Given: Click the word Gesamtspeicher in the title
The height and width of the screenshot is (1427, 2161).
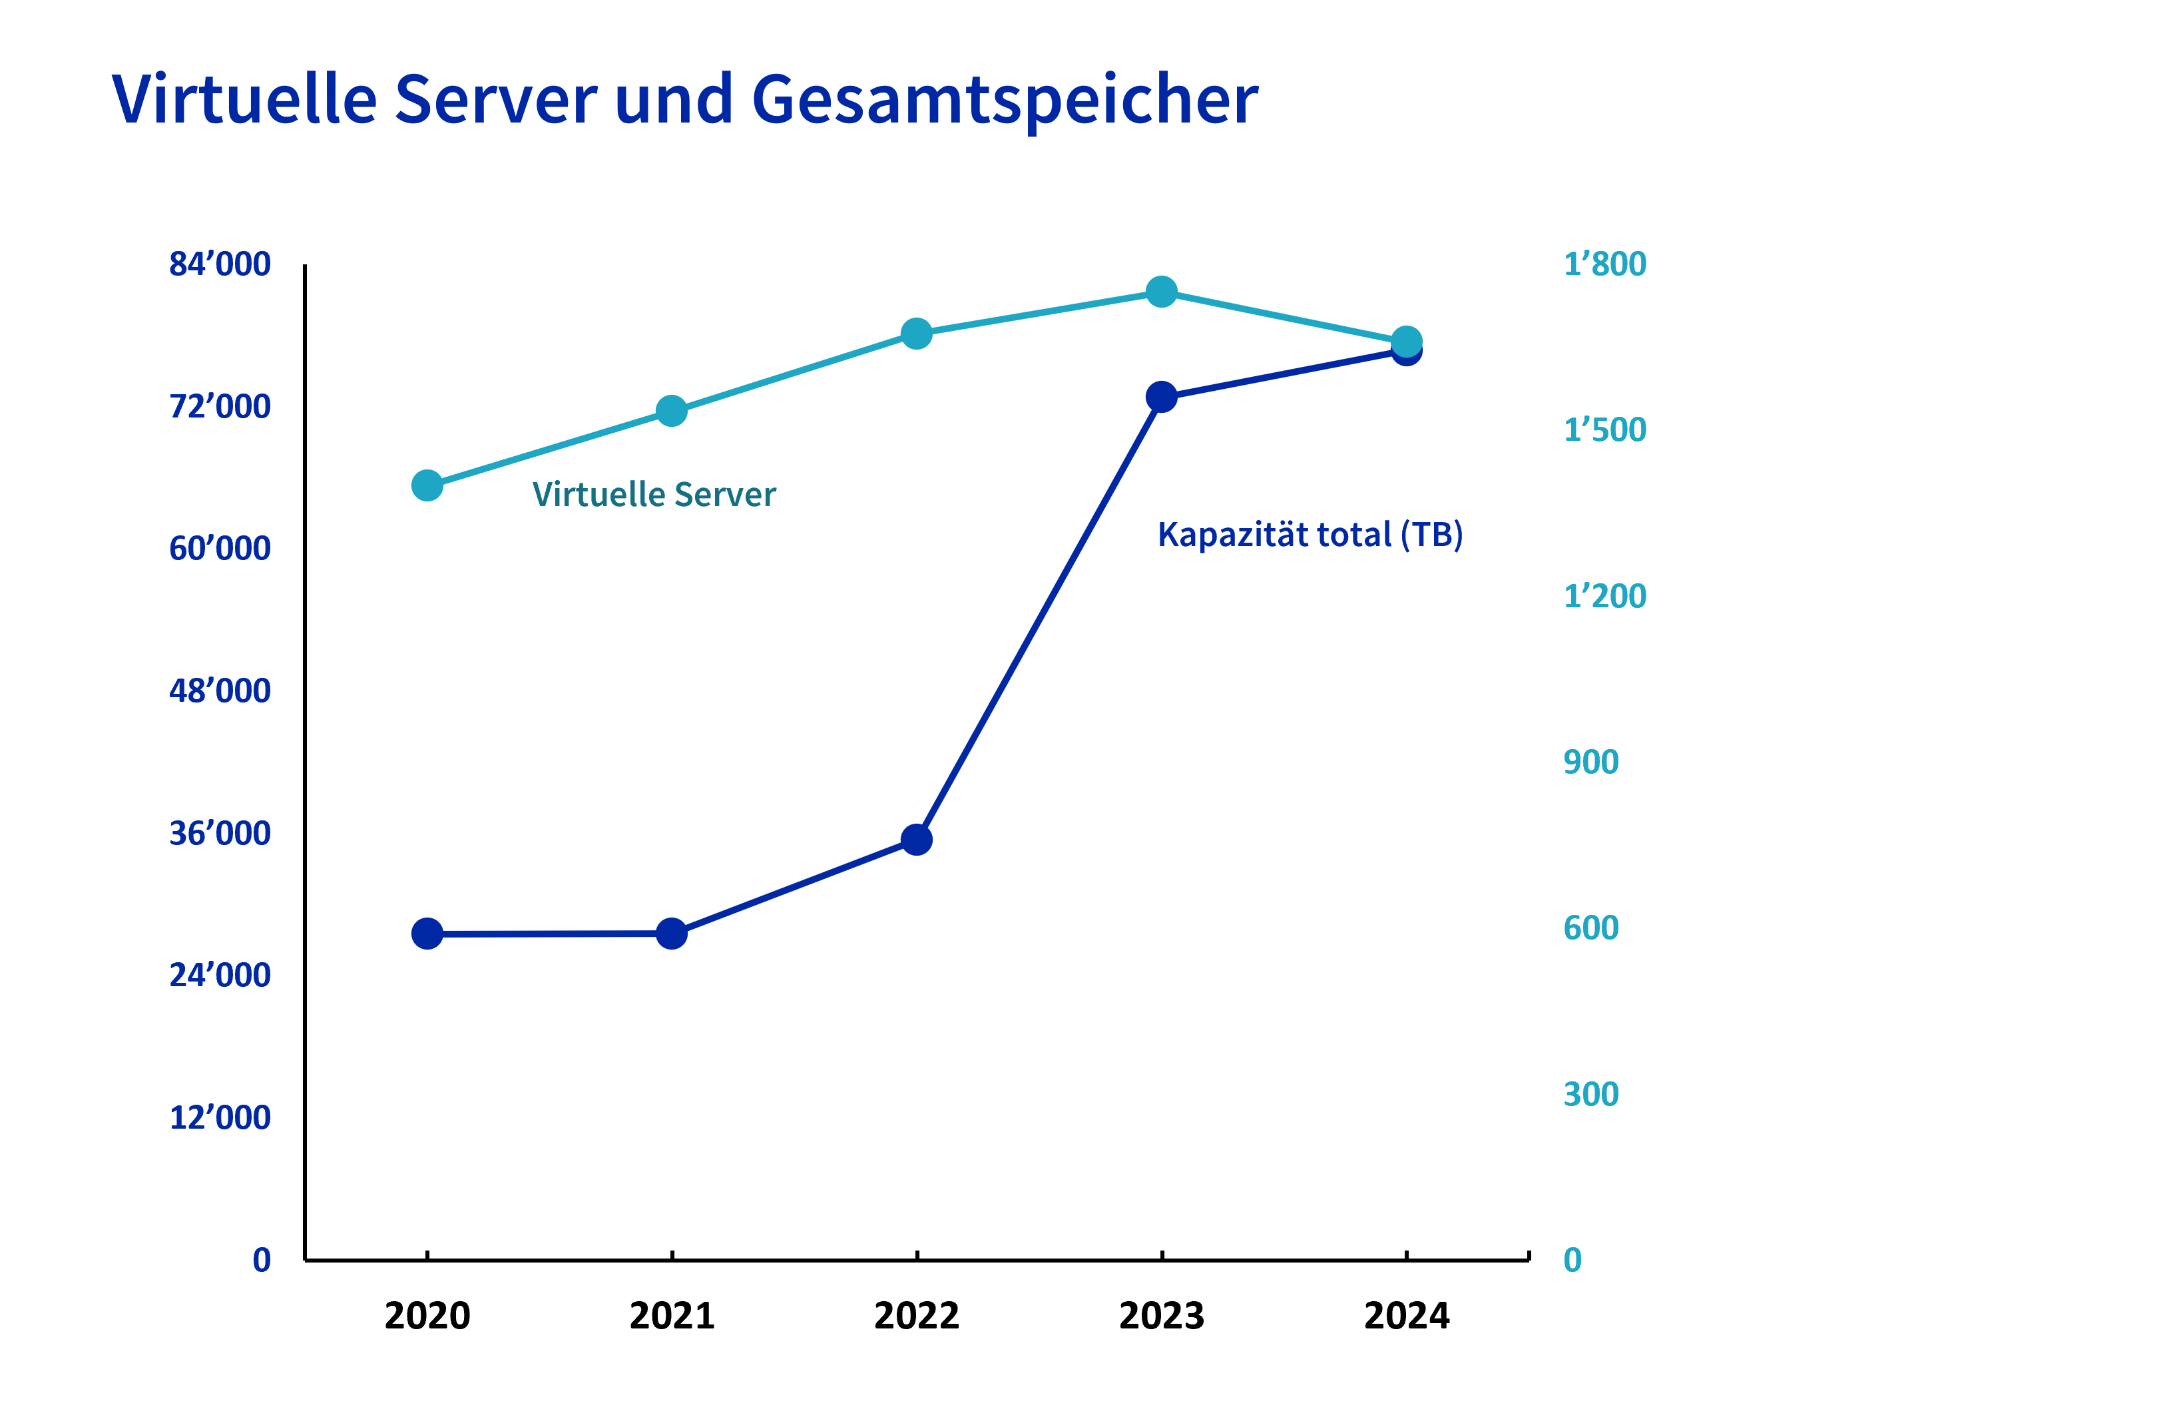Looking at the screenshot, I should [x=1005, y=100].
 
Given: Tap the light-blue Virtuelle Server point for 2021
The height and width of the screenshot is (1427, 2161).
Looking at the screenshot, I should [x=672, y=412].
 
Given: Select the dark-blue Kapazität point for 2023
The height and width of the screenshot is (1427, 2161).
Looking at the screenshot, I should [x=1161, y=397].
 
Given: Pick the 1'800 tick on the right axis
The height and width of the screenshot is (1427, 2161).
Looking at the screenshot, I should [x=1604, y=264].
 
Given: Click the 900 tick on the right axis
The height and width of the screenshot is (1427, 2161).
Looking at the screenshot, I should [x=1590, y=762].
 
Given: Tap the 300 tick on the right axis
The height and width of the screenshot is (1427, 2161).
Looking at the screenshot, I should [x=1590, y=1094].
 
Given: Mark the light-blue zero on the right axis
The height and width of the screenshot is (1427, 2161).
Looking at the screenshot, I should [x=1572, y=1261].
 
